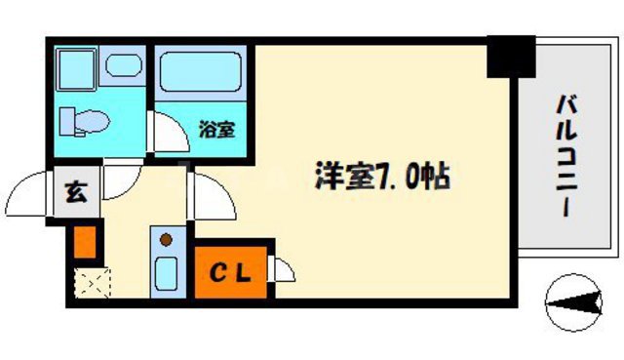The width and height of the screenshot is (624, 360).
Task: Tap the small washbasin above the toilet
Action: [x=124, y=67]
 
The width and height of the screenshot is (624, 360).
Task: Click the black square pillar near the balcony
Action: [x=510, y=58]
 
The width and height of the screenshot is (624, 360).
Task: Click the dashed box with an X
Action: [x=94, y=284]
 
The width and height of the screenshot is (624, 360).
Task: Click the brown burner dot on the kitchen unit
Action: [x=166, y=239]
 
